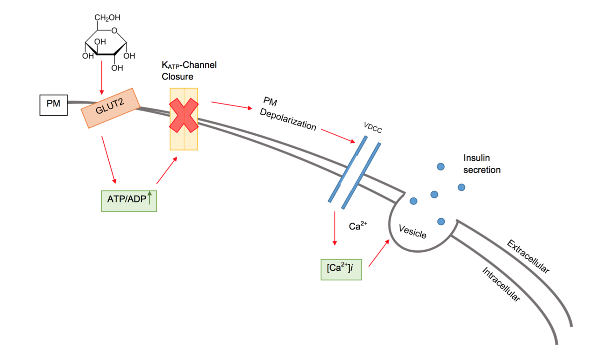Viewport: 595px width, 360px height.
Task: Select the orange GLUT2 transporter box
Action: click(110, 108)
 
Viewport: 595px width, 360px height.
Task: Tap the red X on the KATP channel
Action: click(184, 115)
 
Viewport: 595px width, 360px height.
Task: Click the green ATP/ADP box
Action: click(129, 200)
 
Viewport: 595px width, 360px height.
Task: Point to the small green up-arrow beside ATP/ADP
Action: click(150, 199)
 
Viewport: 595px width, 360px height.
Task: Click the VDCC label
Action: click(373, 129)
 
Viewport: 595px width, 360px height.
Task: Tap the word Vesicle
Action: click(412, 231)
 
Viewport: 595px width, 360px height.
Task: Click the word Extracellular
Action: click(528, 257)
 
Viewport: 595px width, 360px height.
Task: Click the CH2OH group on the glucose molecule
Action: click(107, 18)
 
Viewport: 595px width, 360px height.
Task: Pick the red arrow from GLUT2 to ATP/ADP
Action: click(108, 159)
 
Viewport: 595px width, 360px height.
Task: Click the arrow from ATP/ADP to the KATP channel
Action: click(167, 170)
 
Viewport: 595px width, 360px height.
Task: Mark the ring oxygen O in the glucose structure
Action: click(115, 32)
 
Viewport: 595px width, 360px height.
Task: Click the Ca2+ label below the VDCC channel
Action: click(358, 226)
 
